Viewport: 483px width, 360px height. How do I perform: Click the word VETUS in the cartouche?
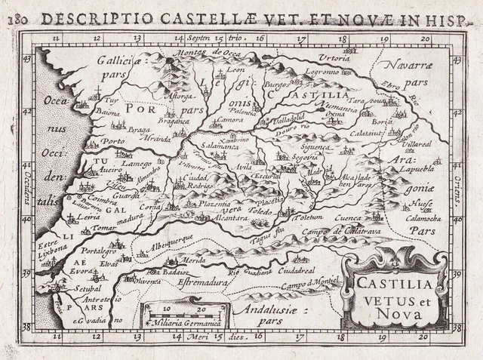click(377, 297)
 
